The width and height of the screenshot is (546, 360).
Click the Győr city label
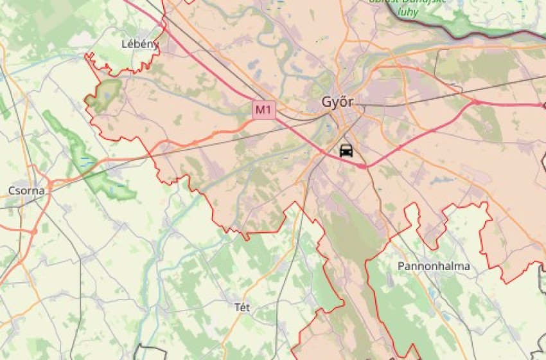pos(337,102)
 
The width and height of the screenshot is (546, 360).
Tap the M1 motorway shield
pos(263,110)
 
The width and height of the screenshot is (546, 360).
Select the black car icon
pos(346,150)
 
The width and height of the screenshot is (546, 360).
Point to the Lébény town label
pos(139,44)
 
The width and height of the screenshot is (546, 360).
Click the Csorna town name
pos(26,190)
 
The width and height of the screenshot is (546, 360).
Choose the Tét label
pos(242,307)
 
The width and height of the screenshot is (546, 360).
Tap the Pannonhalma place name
pos(434,265)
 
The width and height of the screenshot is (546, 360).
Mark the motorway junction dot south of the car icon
pos(363,166)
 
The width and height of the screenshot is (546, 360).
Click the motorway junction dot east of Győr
pos(476,102)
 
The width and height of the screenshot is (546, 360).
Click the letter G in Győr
pos(326,102)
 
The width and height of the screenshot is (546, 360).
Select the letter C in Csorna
pos(12,190)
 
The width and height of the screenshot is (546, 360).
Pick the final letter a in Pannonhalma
pos(466,266)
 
